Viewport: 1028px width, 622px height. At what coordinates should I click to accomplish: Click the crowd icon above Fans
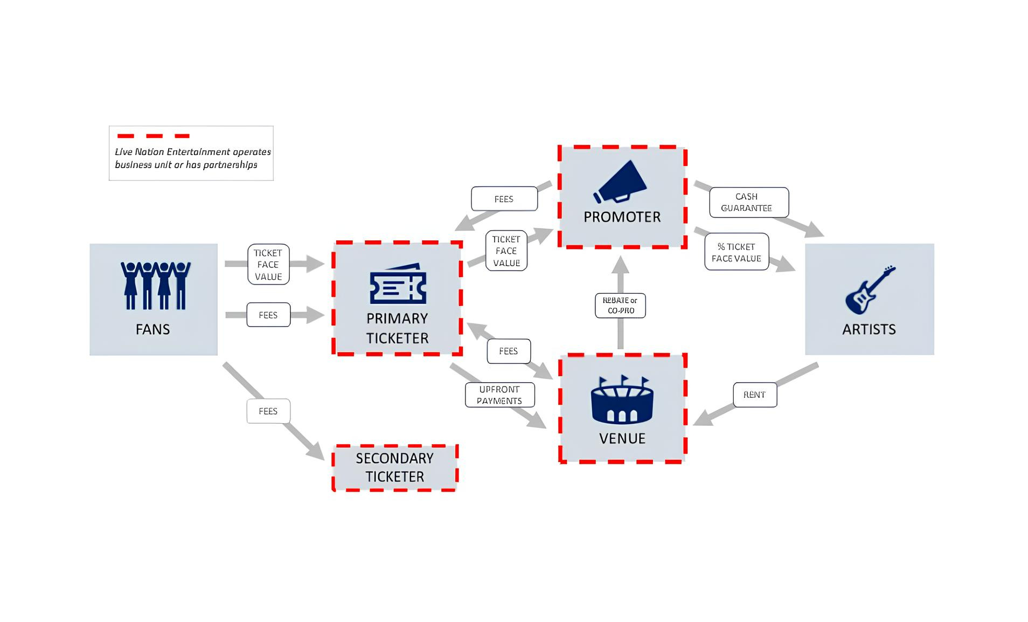(155, 285)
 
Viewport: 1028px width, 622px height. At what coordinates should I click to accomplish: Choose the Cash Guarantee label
(748, 203)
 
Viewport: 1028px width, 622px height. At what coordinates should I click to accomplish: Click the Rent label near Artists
(754, 395)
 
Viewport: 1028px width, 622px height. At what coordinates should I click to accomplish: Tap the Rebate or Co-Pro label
(620, 306)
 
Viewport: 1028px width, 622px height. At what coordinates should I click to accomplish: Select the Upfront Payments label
(499, 395)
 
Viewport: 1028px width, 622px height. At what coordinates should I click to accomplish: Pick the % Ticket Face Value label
(736, 252)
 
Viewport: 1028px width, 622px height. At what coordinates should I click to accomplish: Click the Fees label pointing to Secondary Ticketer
(268, 411)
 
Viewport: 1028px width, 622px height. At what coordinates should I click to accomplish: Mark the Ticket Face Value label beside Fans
(268, 265)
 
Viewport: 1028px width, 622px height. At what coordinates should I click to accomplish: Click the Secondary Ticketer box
(394, 468)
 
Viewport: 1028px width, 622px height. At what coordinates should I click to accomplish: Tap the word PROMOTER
(622, 217)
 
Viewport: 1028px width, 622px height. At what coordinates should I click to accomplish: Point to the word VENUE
(622, 439)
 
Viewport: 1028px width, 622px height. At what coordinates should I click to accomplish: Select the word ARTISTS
(869, 329)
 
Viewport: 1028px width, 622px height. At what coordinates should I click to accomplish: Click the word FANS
(153, 329)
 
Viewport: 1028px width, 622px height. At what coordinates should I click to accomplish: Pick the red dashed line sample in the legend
(154, 136)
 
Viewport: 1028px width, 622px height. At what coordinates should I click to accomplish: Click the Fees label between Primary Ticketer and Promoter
(504, 199)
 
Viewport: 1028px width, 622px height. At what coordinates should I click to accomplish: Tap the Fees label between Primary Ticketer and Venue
(508, 351)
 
